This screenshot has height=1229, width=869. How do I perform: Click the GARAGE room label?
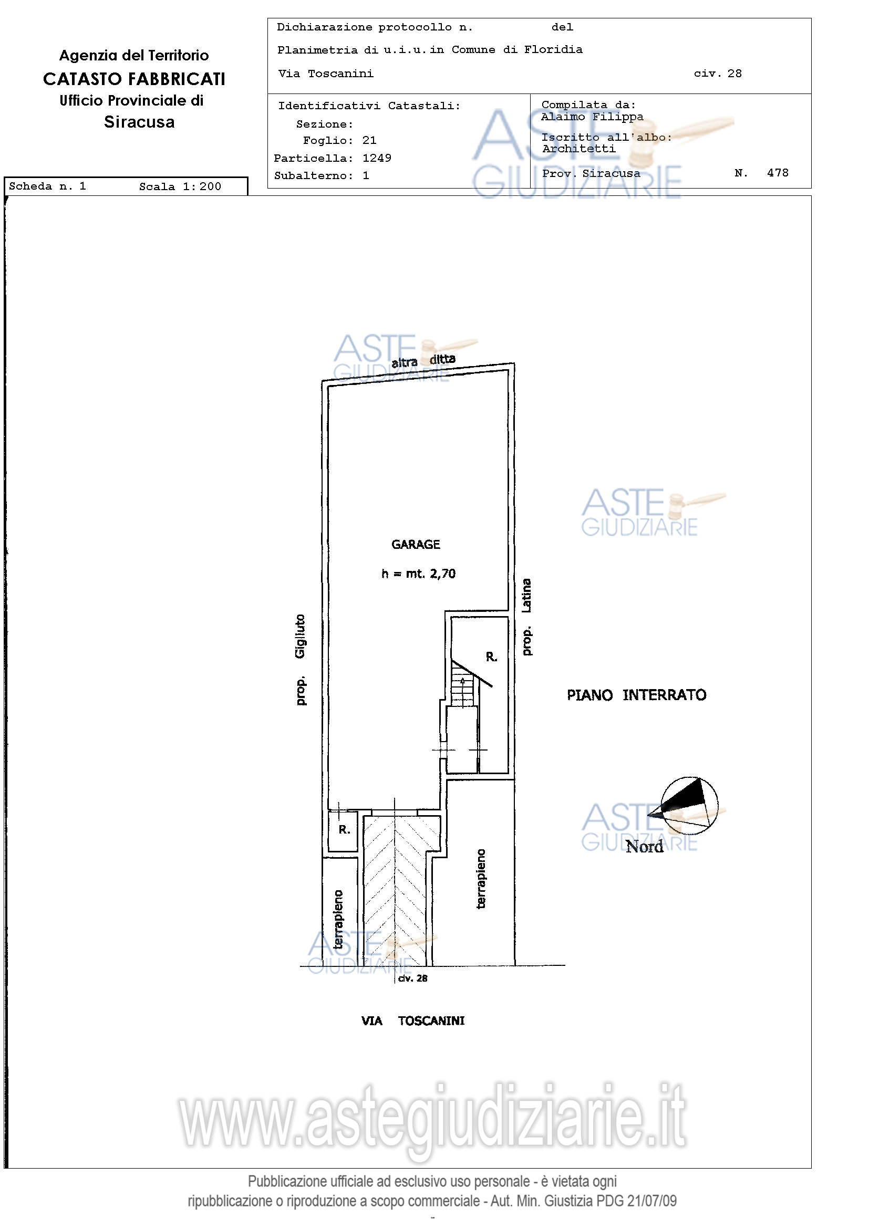(x=416, y=544)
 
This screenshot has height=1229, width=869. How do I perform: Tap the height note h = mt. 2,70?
(x=418, y=574)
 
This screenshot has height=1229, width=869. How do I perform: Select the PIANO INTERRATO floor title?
(x=637, y=695)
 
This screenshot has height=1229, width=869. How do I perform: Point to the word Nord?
(x=645, y=846)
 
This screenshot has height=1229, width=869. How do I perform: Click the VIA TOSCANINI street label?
(x=413, y=1021)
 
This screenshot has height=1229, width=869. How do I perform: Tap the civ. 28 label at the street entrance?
(x=413, y=978)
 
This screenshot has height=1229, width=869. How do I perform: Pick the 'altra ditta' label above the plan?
(x=423, y=361)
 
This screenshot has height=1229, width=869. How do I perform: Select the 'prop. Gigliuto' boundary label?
(x=301, y=660)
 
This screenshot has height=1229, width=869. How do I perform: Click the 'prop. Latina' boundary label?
(x=527, y=617)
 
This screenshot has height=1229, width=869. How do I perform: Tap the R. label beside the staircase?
(x=492, y=657)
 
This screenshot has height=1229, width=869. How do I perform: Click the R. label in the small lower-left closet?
(x=344, y=830)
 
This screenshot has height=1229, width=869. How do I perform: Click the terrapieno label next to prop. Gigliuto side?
(x=338, y=920)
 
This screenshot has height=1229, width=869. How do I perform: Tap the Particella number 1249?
(x=377, y=158)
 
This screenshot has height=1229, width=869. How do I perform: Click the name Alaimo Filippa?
(x=592, y=117)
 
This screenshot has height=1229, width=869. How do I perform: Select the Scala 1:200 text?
(x=180, y=186)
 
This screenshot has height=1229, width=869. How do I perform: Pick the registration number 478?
(x=778, y=172)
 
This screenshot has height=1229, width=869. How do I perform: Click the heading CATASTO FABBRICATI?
(x=134, y=79)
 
